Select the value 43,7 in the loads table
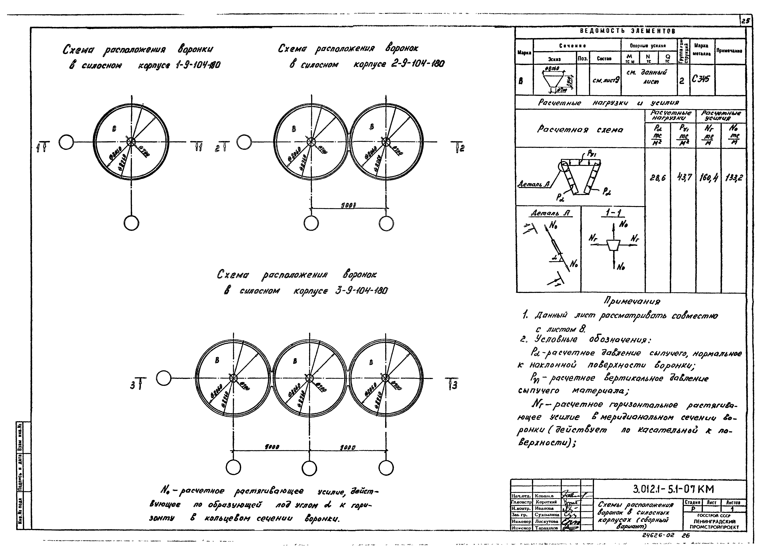(684, 177)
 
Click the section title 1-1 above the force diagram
(615, 213)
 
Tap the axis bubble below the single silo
(131, 223)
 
